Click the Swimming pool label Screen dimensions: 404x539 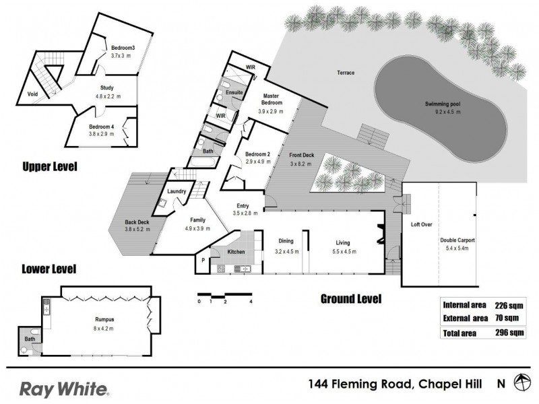click(443, 104)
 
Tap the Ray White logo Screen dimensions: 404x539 click(64, 389)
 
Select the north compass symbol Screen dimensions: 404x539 click(521, 383)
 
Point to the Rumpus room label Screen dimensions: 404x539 click(104, 320)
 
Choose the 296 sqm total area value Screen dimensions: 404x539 click(506, 333)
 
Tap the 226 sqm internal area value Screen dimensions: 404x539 click(506, 304)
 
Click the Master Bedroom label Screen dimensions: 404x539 click(272, 99)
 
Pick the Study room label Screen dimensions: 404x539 click(107, 88)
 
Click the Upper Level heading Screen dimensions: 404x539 click(49, 166)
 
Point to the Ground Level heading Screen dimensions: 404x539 click(350, 298)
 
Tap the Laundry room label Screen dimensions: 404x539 click(177, 191)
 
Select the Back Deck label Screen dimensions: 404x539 click(137, 222)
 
